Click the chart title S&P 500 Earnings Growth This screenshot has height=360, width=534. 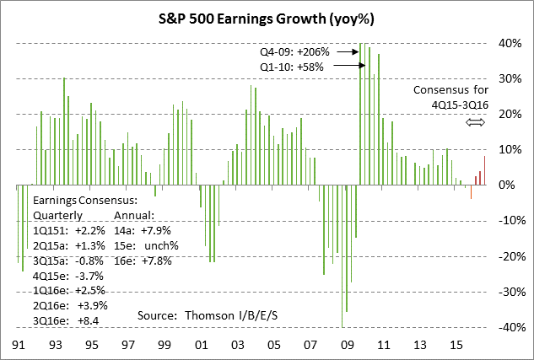[267, 15]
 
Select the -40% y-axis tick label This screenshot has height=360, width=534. [508, 327]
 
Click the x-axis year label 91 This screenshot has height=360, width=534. [17, 346]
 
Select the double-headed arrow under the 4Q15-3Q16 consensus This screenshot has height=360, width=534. [477, 122]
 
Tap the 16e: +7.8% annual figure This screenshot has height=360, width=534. [143, 261]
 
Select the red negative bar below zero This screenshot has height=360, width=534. [471, 192]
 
